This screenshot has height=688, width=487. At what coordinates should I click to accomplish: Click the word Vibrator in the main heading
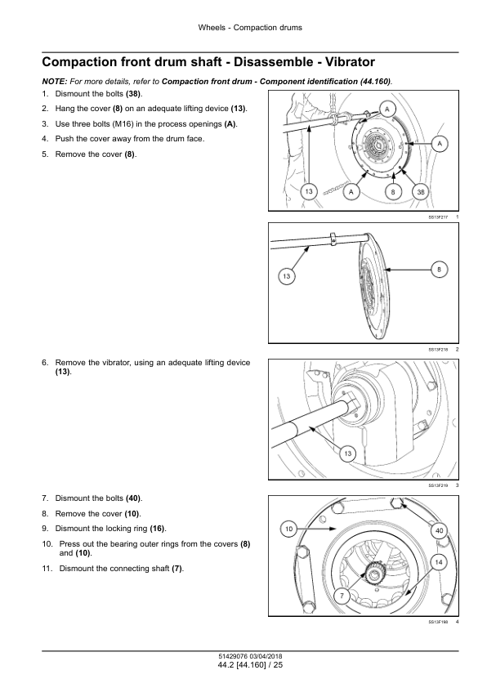[x=347, y=62]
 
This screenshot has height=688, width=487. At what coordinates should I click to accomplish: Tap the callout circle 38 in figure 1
[x=421, y=192]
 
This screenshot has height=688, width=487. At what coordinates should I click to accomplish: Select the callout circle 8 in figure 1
[x=393, y=192]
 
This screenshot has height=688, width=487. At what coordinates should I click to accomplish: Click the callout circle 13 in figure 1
[x=309, y=192]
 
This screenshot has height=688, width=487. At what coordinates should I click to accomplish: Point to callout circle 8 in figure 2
[x=439, y=270]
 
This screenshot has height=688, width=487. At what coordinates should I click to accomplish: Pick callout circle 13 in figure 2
[x=287, y=276]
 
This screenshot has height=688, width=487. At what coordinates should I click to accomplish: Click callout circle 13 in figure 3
[x=348, y=453]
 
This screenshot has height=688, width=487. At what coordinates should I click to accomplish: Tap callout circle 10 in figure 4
[x=288, y=529]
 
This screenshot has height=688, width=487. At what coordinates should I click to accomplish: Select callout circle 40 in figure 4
[x=439, y=530]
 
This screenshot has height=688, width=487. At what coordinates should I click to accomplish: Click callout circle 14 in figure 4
[x=439, y=562]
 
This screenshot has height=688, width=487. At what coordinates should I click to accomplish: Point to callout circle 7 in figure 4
[x=342, y=596]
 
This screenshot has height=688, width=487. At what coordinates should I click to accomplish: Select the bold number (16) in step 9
[x=158, y=529]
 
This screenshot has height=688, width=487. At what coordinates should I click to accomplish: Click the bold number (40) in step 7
[x=133, y=498]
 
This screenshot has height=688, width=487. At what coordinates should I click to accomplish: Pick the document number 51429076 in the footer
[x=233, y=656]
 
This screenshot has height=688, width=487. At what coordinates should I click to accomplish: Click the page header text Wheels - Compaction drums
[x=250, y=28]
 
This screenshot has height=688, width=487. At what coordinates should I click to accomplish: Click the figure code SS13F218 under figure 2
[x=438, y=350]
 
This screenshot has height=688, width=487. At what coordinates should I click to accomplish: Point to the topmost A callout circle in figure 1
[x=387, y=109]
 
